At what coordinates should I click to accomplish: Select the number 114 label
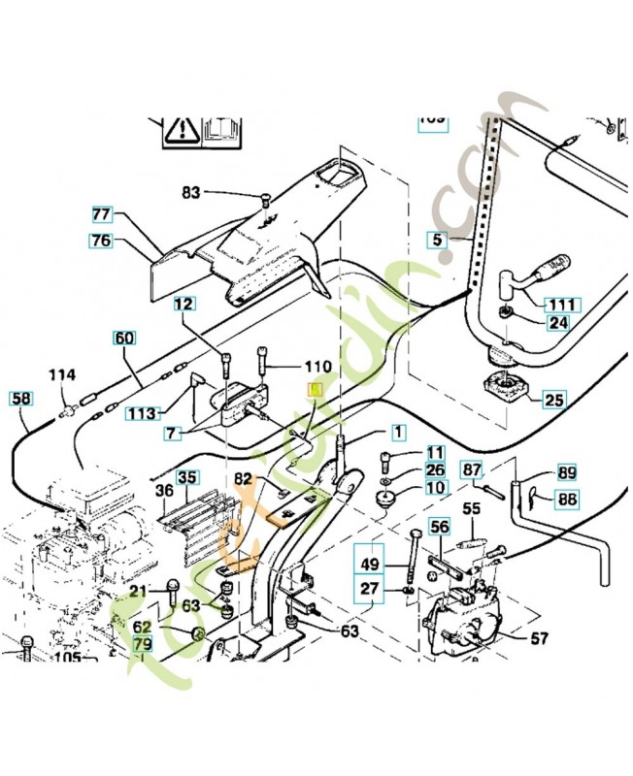point(62,375)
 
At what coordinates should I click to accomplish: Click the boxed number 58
point(20,398)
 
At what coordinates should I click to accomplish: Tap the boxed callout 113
point(142,412)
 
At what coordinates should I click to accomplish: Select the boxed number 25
point(553,398)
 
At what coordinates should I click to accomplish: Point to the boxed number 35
point(186,476)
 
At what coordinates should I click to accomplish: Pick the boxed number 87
point(472,470)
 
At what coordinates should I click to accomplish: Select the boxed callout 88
point(567,499)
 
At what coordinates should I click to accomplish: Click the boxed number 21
point(141,592)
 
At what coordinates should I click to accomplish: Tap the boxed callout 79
point(143,643)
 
